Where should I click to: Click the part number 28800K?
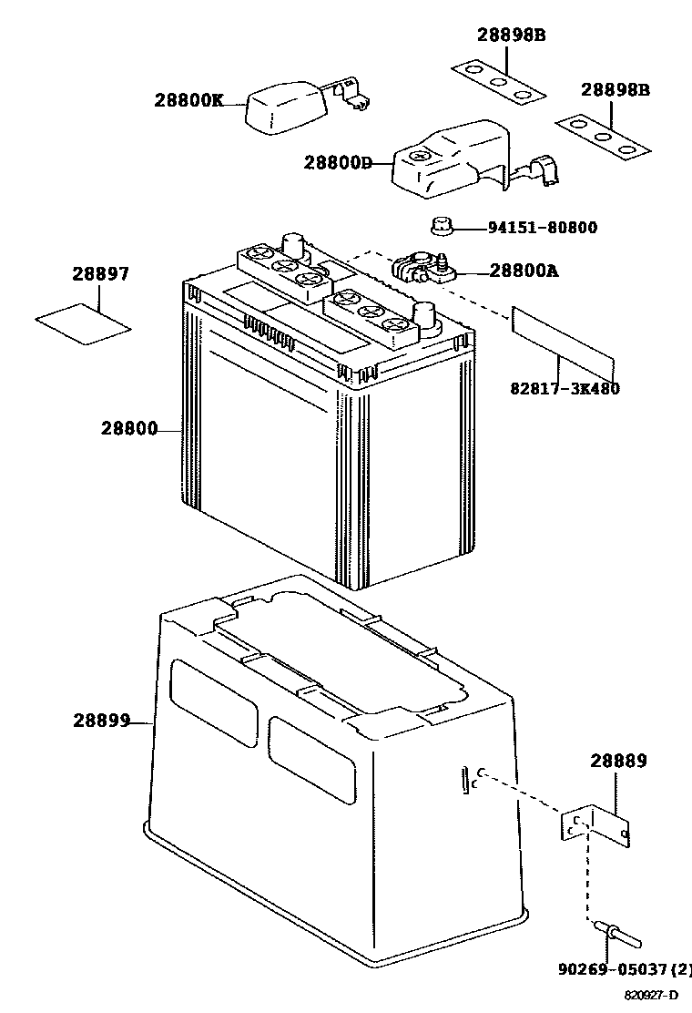(188, 100)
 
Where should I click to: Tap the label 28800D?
(338, 163)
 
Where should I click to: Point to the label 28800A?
(524, 271)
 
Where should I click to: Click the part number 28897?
(100, 274)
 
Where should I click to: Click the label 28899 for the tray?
(101, 720)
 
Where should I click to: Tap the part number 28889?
(618, 762)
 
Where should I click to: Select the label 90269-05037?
(620, 969)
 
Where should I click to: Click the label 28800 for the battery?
(128, 429)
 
